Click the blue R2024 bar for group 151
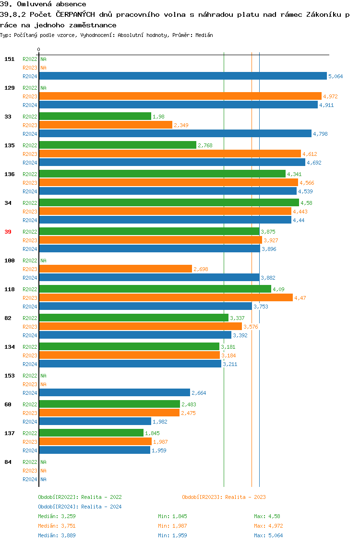pyautogui.click(x=182, y=76)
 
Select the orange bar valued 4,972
pyautogui.click(x=180, y=96)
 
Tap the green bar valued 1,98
pyautogui.click(x=95, y=116)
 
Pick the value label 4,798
pyautogui.click(x=320, y=134)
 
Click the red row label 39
pyautogui.click(x=8, y=232)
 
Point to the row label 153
pyautogui.click(x=9, y=376)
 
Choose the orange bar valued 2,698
pyautogui.click(x=115, y=269)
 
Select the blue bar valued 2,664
pyautogui.click(x=114, y=392)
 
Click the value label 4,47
pyautogui.click(x=300, y=298)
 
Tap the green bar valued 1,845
pyautogui.click(x=91, y=433)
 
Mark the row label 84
pyautogui.click(x=8, y=462)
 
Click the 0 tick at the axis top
pyautogui.click(x=39, y=49)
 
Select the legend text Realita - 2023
pyautogui.click(x=245, y=497)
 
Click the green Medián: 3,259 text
pyautogui.click(x=57, y=516)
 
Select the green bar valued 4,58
pyautogui.click(x=168, y=202)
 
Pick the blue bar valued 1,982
pyautogui.click(x=95, y=421)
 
